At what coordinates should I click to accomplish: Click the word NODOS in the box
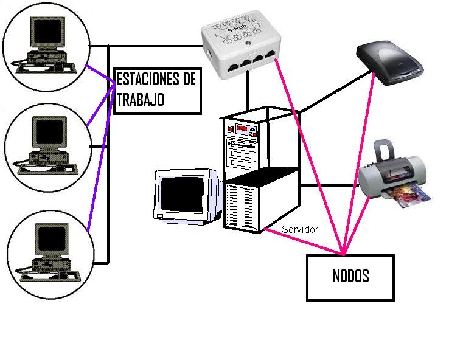(350, 276)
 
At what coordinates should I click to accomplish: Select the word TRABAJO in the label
(140, 100)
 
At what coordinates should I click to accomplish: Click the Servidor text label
(300, 229)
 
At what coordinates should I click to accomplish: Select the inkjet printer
(395, 173)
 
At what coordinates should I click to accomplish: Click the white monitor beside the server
(186, 194)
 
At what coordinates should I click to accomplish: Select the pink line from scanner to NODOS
(359, 158)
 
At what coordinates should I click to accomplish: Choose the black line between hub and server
(248, 91)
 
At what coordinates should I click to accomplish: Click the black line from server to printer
(329, 185)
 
